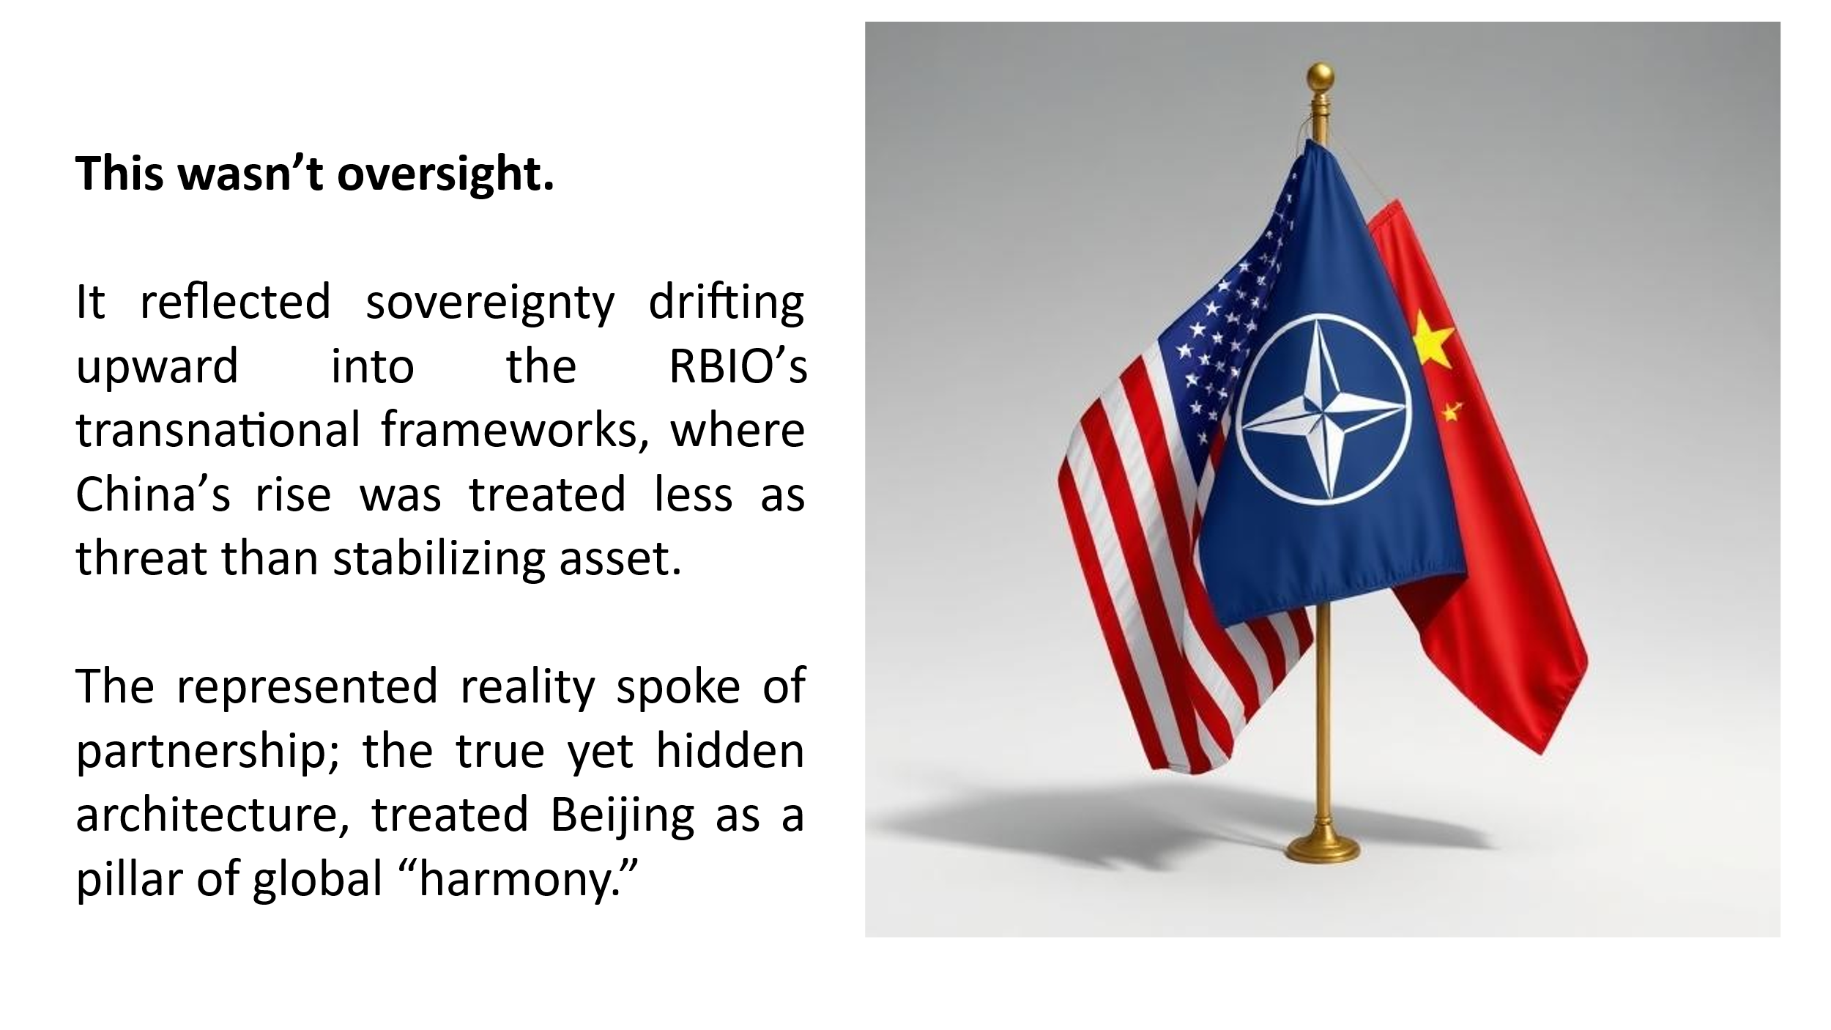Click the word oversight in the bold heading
445,174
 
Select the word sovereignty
490,303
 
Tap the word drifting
727,303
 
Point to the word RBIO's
738,366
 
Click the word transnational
218,430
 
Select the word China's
153,494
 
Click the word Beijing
622,815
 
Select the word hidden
729,751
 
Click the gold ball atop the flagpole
1321,76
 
